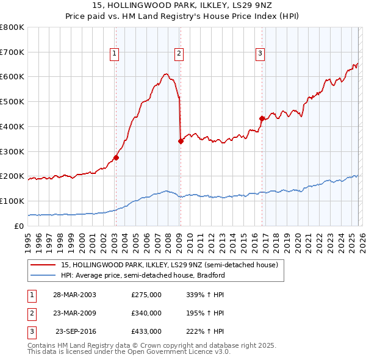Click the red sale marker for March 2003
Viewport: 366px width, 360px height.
[x=116, y=157]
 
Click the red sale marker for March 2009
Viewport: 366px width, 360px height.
[x=181, y=141]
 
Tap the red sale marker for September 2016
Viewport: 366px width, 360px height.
[x=262, y=118]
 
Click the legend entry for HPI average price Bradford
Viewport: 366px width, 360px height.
[x=143, y=275]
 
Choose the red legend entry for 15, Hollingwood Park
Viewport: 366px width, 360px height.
[x=170, y=265]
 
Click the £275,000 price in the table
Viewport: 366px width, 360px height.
[x=146, y=294]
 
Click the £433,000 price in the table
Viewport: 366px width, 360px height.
[x=146, y=332]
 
